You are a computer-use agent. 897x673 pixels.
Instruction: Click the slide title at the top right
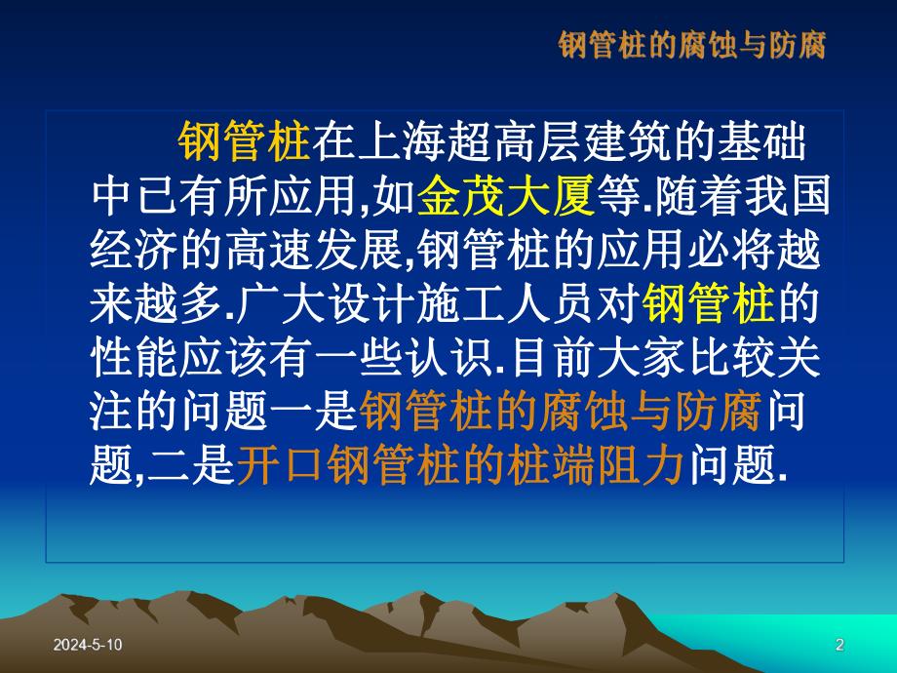[x=692, y=45]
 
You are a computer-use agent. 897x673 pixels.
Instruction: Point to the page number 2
[x=839, y=645]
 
